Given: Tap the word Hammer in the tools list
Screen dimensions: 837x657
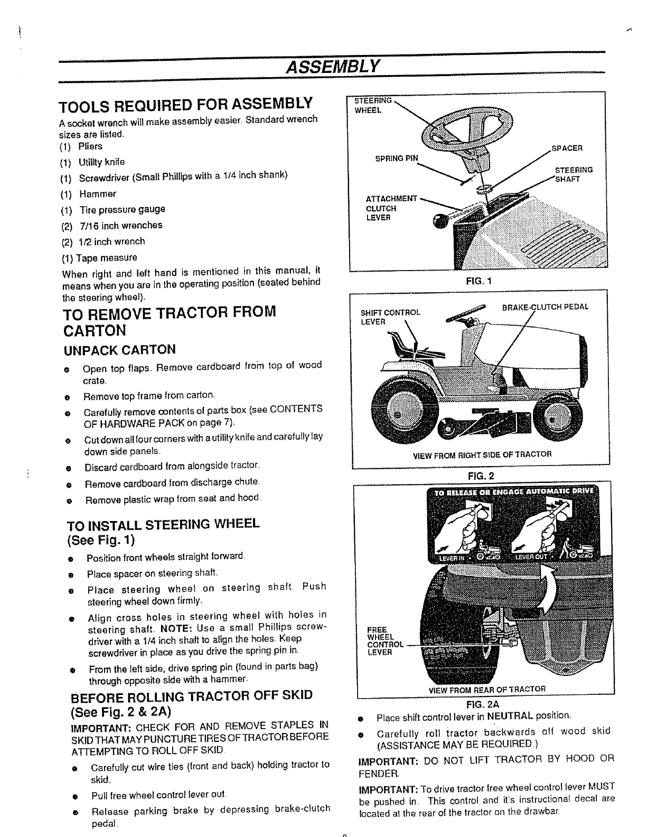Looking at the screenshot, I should [x=98, y=194].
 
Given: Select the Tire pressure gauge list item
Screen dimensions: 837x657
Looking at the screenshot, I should [x=122, y=209].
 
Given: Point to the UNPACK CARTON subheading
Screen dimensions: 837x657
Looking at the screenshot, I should [x=119, y=350].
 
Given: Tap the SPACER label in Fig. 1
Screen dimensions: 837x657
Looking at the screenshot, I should [x=567, y=148].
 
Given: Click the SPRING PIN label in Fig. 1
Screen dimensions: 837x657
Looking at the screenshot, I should [x=396, y=158].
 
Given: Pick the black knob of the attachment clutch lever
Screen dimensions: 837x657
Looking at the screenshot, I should [x=439, y=222].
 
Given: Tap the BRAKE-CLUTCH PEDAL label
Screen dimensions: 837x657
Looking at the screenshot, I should [x=545, y=306].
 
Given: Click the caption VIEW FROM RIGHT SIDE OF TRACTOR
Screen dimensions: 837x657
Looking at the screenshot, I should [x=482, y=453].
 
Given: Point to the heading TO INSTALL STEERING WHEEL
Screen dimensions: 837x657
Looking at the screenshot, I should [x=164, y=524].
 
